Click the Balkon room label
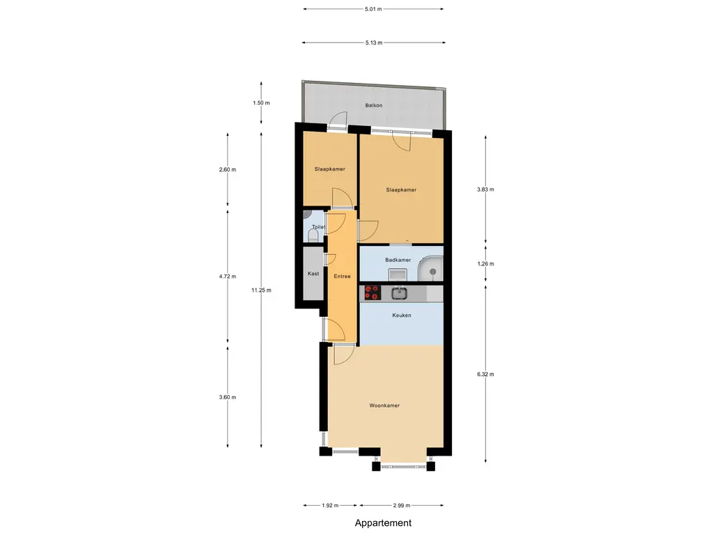tap(374, 106)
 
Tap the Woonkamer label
tap(384, 406)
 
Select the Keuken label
tap(402, 316)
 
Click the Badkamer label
tap(398, 261)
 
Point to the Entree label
tap(342, 277)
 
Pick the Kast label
tap(313, 274)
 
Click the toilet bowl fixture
tap(313, 235)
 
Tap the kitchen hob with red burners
tap(373, 293)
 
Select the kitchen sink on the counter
tap(399, 293)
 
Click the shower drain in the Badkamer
tap(433, 272)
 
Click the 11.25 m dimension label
tap(262, 290)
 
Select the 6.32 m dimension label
tap(485, 374)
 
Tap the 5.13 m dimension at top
tap(374, 42)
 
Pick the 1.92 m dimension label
tap(330, 506)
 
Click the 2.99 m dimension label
tap(402, 506)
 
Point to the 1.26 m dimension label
tap(485, 264)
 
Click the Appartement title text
tap(383, 523)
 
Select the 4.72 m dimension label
tap(228, 277)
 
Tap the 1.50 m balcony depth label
tap(262, 103)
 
